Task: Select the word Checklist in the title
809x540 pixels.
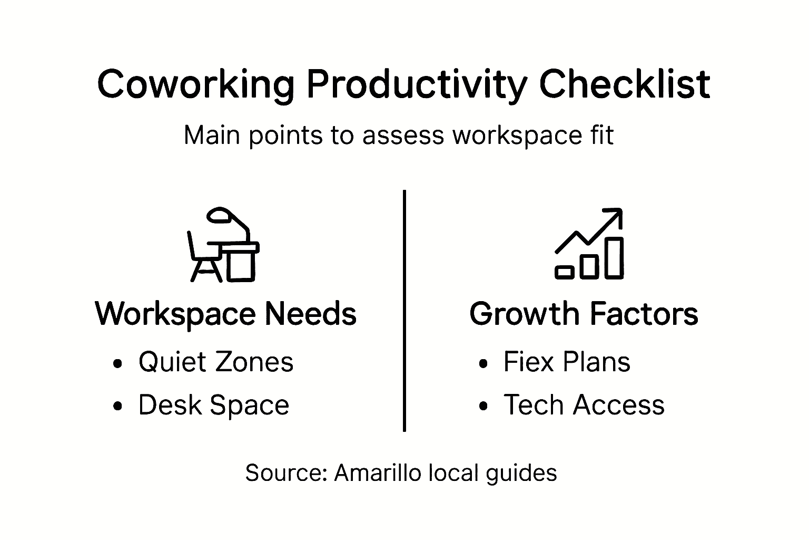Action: (625, 84)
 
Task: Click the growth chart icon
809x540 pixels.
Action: (589, 244)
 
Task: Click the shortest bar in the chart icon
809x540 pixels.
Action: (565, 272)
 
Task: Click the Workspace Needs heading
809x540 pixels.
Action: (226, 314)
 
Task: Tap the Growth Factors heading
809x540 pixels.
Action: (584, 314)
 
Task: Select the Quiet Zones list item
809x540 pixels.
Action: (215, 362)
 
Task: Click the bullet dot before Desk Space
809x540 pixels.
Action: (118, 406)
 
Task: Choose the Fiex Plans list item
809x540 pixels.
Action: (566, 362)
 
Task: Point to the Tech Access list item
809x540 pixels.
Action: (584, 405)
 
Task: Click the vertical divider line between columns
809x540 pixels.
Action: (404, 311)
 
